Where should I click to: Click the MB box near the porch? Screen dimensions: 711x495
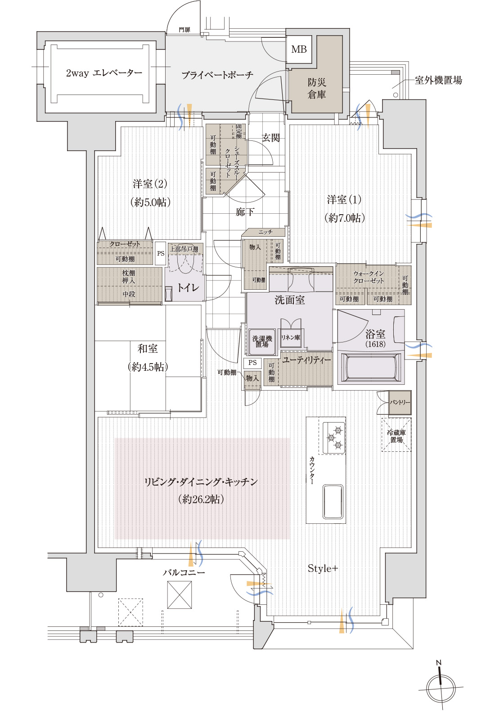(x=299, y=49)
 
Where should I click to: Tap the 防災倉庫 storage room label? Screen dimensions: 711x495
(x=317, y=88)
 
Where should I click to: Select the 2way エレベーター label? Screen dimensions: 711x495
(x=104, y=73)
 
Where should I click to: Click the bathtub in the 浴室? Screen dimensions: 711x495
(x=371, y=368)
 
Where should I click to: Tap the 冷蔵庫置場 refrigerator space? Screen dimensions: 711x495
(x=396, y=436)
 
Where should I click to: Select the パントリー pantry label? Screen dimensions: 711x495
(x=400, y=402)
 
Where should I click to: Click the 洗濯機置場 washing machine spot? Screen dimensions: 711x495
(x=262, y=342)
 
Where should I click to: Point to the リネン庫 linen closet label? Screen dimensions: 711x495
(x=291, y=337)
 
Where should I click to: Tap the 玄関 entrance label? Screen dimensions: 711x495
(x=271, y=138)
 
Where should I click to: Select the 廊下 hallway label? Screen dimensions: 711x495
(x=245, y=211)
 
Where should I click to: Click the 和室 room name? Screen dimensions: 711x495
(x=148, y=349)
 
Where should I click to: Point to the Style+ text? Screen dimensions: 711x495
(x=323, y=568)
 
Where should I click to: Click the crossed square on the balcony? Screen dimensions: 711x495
(x=179, y=594)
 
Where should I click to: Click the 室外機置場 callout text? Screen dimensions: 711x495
(x=438, y=81)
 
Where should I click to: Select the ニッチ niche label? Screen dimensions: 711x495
(x=265, y=232)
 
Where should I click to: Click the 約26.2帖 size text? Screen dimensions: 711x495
(x=201, y=499)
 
